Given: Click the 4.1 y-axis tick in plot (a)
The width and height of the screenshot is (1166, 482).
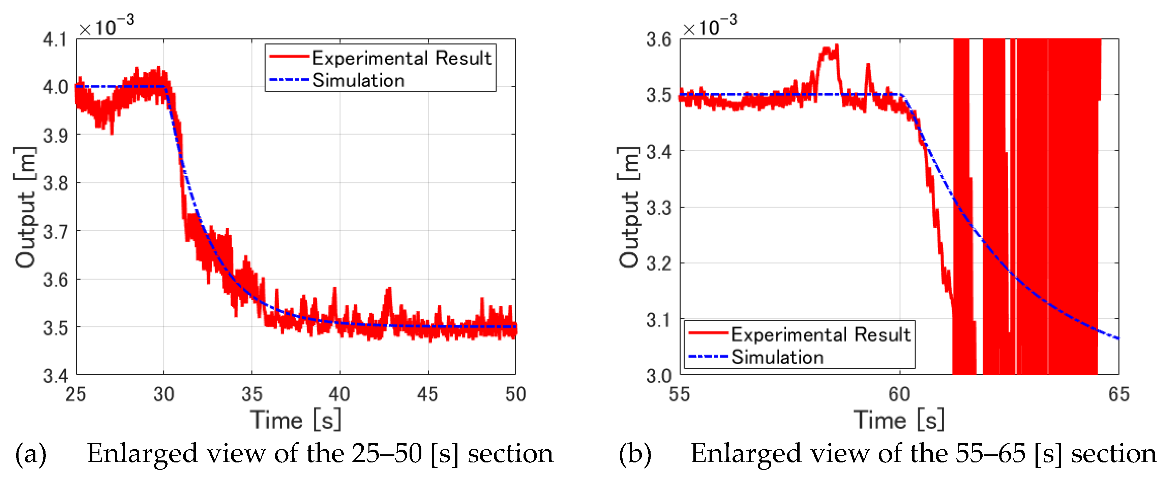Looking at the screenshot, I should click(x=54, y=40).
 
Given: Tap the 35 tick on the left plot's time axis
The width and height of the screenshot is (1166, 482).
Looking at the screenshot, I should click(x=252, y=395).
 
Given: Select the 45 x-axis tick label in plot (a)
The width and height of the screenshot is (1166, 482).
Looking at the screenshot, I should click(x=427, y=395).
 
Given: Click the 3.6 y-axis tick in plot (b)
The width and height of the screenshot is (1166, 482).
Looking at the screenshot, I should click(x=659, y=40).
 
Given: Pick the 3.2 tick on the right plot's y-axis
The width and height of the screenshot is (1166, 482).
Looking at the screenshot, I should click(x=659, y=263).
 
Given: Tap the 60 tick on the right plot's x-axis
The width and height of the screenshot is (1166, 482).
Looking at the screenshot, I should click(x=899, y=395).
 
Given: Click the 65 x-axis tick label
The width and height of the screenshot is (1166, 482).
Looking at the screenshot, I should click(x=1118, y=395).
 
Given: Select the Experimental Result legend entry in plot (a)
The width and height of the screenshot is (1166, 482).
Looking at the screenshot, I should click(x=401, y=58).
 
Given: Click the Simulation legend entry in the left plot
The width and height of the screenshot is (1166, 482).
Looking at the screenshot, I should click(x=358, y=81).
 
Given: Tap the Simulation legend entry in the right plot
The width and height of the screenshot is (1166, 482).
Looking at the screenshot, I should click(x=777, y=357).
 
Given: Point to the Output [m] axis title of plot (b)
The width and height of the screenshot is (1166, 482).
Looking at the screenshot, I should click(x=629, y=207).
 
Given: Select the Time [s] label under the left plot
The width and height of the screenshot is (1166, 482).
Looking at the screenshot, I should click(x=296, y=420).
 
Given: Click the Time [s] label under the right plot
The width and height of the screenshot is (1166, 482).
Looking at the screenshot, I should click(x=899, y=420).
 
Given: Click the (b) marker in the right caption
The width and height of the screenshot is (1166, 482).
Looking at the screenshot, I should click(x=635, y=453).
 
